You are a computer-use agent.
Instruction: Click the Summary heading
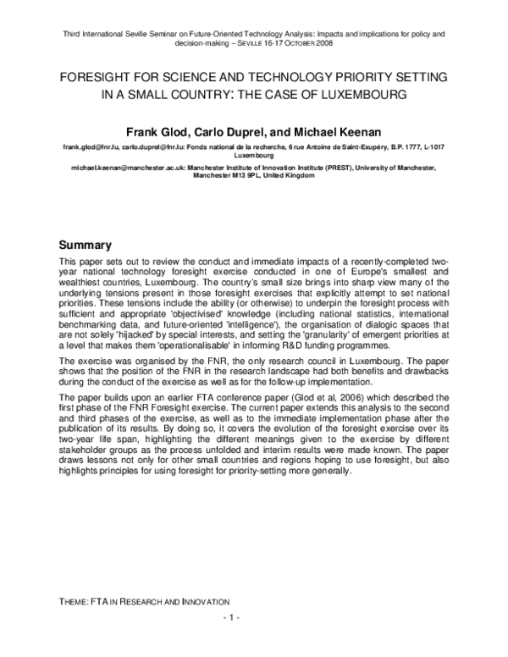(91, 244)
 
